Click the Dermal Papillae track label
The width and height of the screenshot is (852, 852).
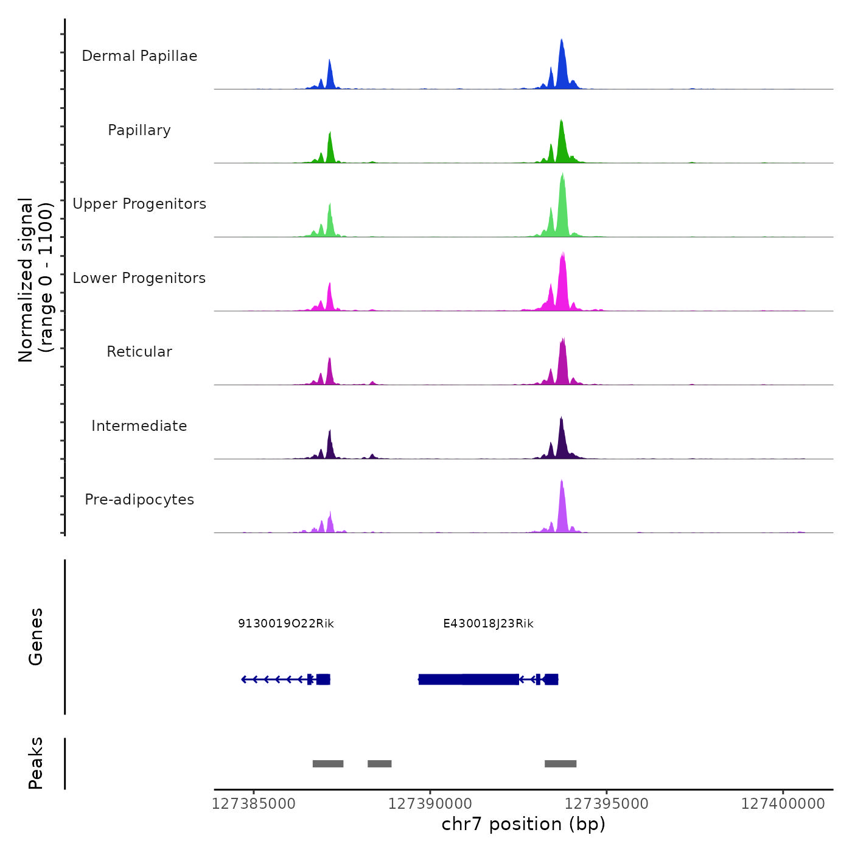pos(139,56)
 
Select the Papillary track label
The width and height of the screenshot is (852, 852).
pos(139,130)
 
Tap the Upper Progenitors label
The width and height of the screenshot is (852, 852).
pos(139,204)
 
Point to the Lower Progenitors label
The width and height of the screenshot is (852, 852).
pos(139,278)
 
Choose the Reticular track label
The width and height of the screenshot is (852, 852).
pos(139,352)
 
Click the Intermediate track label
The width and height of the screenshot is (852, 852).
pos(139,426)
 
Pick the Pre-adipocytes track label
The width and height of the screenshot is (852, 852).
pos(139,500)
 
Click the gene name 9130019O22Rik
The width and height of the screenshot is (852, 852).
pos(286,624)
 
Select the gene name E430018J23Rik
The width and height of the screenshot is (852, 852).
pos(488,624)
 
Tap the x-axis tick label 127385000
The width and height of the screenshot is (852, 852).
pos(254,804)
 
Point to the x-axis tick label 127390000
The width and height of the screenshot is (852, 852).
pos(430,804)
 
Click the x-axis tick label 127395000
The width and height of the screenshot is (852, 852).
pos(607,804)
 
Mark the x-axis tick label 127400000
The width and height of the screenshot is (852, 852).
pos(783,804)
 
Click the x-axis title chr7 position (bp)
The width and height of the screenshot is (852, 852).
pos(523,824)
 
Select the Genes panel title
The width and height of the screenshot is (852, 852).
pos(36,637)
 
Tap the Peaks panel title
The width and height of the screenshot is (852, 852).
pos(36,763)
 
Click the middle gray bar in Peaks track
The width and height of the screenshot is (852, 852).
pos(380,764)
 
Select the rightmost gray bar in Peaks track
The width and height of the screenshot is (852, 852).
pos(560,764)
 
